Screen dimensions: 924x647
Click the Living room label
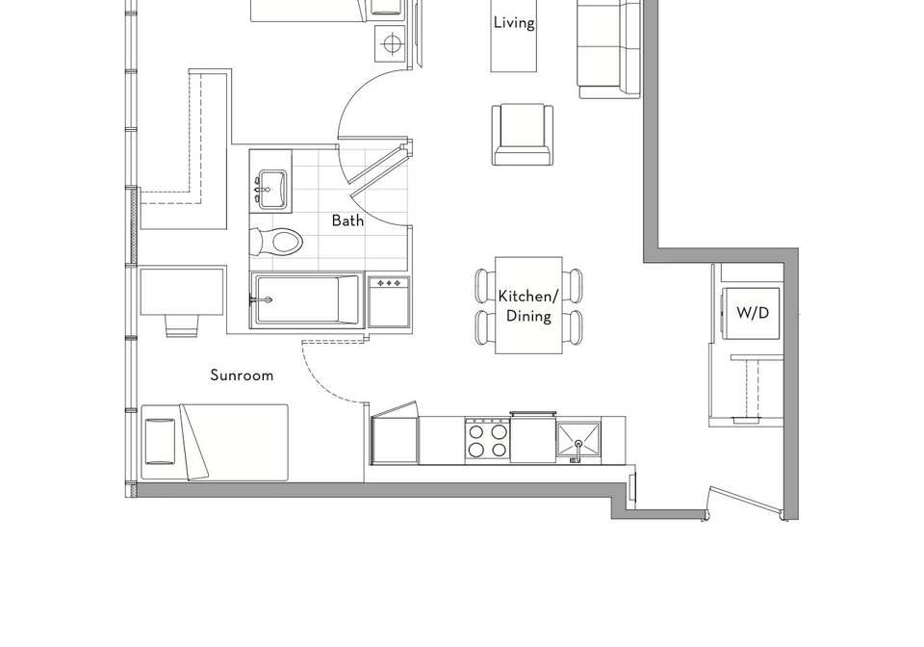coord(514,23)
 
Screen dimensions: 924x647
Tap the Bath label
coord(347,220)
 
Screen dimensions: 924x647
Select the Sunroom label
coord(242,375)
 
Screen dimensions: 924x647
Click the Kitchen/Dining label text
coord(528,306)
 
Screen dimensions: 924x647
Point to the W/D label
coord(753,312)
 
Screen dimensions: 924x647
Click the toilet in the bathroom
coord(276,242)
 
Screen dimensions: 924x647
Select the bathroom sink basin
coord(272,189)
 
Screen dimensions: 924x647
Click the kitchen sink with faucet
coord(578,442)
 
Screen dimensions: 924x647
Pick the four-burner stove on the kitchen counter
coord(487,441)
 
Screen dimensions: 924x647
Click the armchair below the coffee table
coord(524,135)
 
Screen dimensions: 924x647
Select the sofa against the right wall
coord(609,49)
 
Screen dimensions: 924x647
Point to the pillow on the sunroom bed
coord(160,441)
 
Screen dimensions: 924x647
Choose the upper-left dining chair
coord(485,285)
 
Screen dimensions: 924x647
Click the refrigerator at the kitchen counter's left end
coord(395,435)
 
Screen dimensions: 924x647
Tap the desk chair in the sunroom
coord(182,325)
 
